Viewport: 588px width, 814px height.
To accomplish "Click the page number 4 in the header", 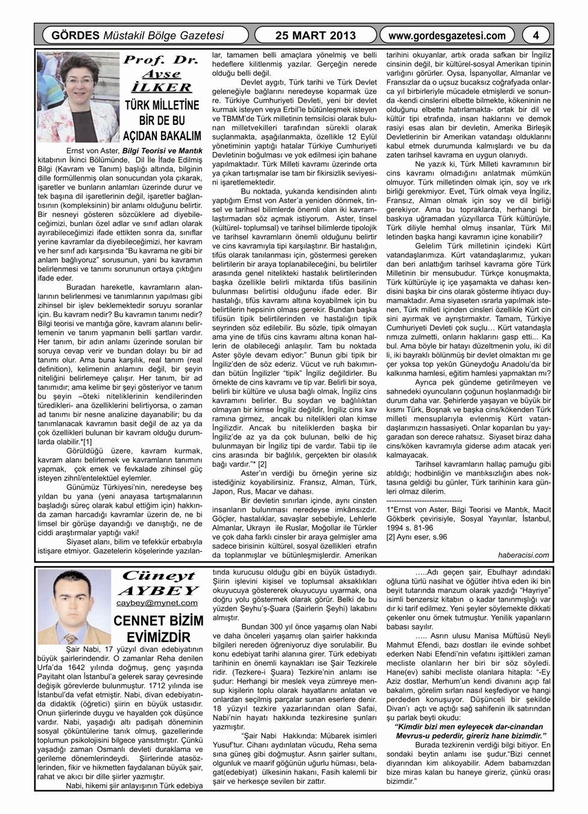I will [536, 36].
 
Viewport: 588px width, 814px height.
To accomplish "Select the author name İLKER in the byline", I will [161, 87].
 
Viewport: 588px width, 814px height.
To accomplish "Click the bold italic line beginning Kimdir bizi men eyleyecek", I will [468, 727].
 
